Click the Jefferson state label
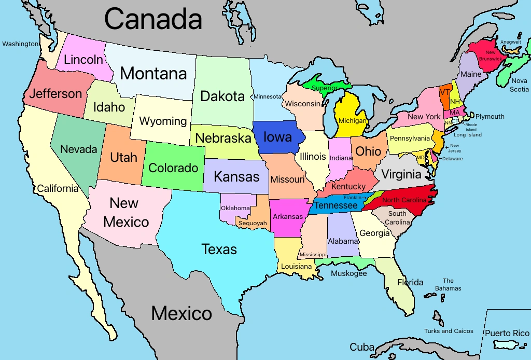(55, 94)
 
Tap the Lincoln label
(83, 60)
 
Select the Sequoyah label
(253, 224)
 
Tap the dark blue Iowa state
(277, 137)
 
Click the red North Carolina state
(404, 200)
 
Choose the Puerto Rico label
(507, 333)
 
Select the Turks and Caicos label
(449, 331)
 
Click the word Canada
(153, 20)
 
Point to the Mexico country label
(181, 313)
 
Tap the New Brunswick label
(490, 56)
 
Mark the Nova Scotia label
(519, 85)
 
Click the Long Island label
(467, 135)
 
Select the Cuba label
(362, 347)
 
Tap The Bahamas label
(448, 284)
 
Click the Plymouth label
(490, 117)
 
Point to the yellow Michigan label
(352, 121)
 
